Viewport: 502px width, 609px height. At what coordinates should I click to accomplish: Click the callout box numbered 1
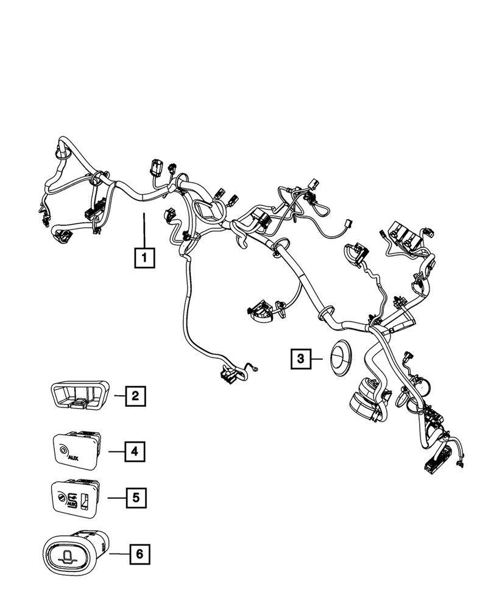click(x=144, y=258)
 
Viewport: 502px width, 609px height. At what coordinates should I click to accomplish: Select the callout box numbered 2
click(x=135, y=397)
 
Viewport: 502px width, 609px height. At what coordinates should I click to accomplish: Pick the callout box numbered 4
click(x=135, y=452)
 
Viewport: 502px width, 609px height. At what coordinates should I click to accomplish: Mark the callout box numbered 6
click(x=140, y=554)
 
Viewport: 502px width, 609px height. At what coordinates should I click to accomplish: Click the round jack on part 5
click(x=63, y=499)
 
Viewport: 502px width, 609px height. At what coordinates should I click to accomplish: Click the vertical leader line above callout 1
click(x=144, y=228)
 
